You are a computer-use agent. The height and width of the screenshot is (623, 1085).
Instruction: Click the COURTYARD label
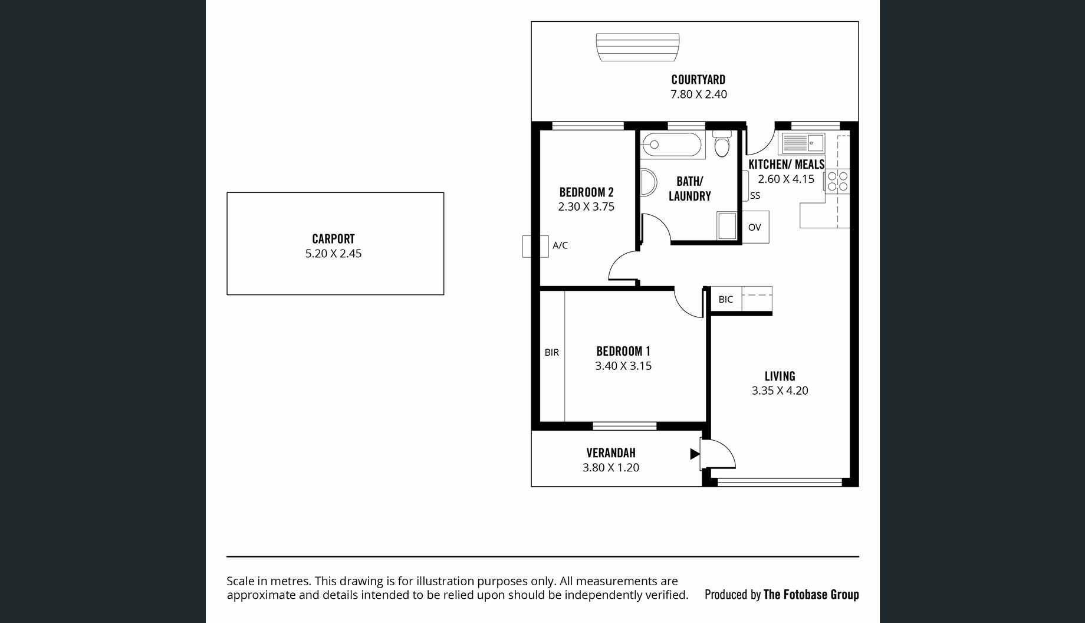698,80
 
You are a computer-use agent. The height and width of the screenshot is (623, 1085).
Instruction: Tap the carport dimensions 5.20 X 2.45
333,254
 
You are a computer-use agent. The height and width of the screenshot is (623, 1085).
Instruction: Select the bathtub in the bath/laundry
673,145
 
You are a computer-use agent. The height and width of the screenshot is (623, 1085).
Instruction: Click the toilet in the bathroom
722,143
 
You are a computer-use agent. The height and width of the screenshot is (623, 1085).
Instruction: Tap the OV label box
755,227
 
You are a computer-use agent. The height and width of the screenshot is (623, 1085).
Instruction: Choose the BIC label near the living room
726,300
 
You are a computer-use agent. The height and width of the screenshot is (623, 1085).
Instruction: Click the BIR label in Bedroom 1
552,353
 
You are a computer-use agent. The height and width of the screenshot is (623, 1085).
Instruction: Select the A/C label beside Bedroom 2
560,245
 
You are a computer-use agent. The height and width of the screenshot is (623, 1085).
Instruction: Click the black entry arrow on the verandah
695,454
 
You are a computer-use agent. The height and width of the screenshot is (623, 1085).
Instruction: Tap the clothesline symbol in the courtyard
637,47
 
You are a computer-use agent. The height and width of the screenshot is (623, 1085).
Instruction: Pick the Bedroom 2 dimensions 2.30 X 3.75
586,207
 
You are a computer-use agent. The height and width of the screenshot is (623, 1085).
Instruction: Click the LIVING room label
780,376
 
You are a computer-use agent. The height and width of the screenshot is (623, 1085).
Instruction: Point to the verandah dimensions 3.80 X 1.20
611,468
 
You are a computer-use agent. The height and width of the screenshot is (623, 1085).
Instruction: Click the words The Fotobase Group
811,595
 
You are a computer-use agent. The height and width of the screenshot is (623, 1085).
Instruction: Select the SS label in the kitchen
755,196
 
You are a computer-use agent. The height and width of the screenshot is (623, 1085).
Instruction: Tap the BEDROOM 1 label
623,352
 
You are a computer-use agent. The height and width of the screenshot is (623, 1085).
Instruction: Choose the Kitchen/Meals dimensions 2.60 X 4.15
786,179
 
